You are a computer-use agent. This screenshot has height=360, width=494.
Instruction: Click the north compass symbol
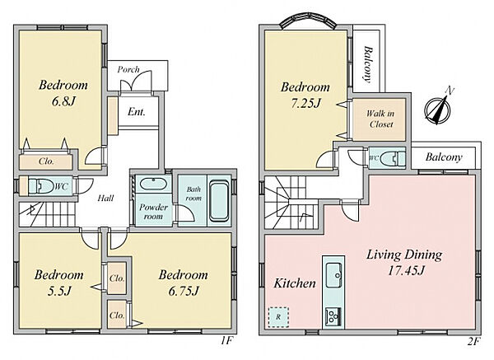coord(438,108)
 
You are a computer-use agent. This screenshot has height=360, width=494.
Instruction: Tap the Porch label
coord(128,69)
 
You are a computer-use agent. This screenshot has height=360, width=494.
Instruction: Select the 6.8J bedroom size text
coord(63,101)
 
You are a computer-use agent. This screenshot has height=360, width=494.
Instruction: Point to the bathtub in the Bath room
coord(219,201)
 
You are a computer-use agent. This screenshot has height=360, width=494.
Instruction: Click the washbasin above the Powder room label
coord(153,184)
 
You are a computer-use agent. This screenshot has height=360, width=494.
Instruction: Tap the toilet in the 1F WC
coord(41,186)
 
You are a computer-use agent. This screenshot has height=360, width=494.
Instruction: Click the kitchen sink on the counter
coord(334,274)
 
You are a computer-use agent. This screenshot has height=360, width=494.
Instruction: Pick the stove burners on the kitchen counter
coord(333,316)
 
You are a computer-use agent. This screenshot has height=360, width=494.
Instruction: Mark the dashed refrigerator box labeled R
coord(278,317)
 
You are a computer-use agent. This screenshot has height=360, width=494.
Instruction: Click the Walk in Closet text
coord(380,119)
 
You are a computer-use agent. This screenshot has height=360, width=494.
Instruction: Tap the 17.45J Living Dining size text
coord(406,270)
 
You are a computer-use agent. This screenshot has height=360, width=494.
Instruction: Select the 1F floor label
coord(226,341)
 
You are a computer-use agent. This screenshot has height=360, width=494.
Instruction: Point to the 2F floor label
coord(473,341)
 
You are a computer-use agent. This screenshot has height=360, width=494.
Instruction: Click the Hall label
coord(105,199)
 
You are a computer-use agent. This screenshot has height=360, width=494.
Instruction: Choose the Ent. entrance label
coord(137,111)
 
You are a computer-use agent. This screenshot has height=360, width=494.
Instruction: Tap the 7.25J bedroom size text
coord(305,103)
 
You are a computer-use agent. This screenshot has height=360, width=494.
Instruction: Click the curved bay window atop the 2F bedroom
coord(309,20)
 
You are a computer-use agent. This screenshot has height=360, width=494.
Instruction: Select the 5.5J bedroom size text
coord(59,291)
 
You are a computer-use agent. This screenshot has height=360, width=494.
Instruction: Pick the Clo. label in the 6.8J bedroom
coord(46,161)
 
